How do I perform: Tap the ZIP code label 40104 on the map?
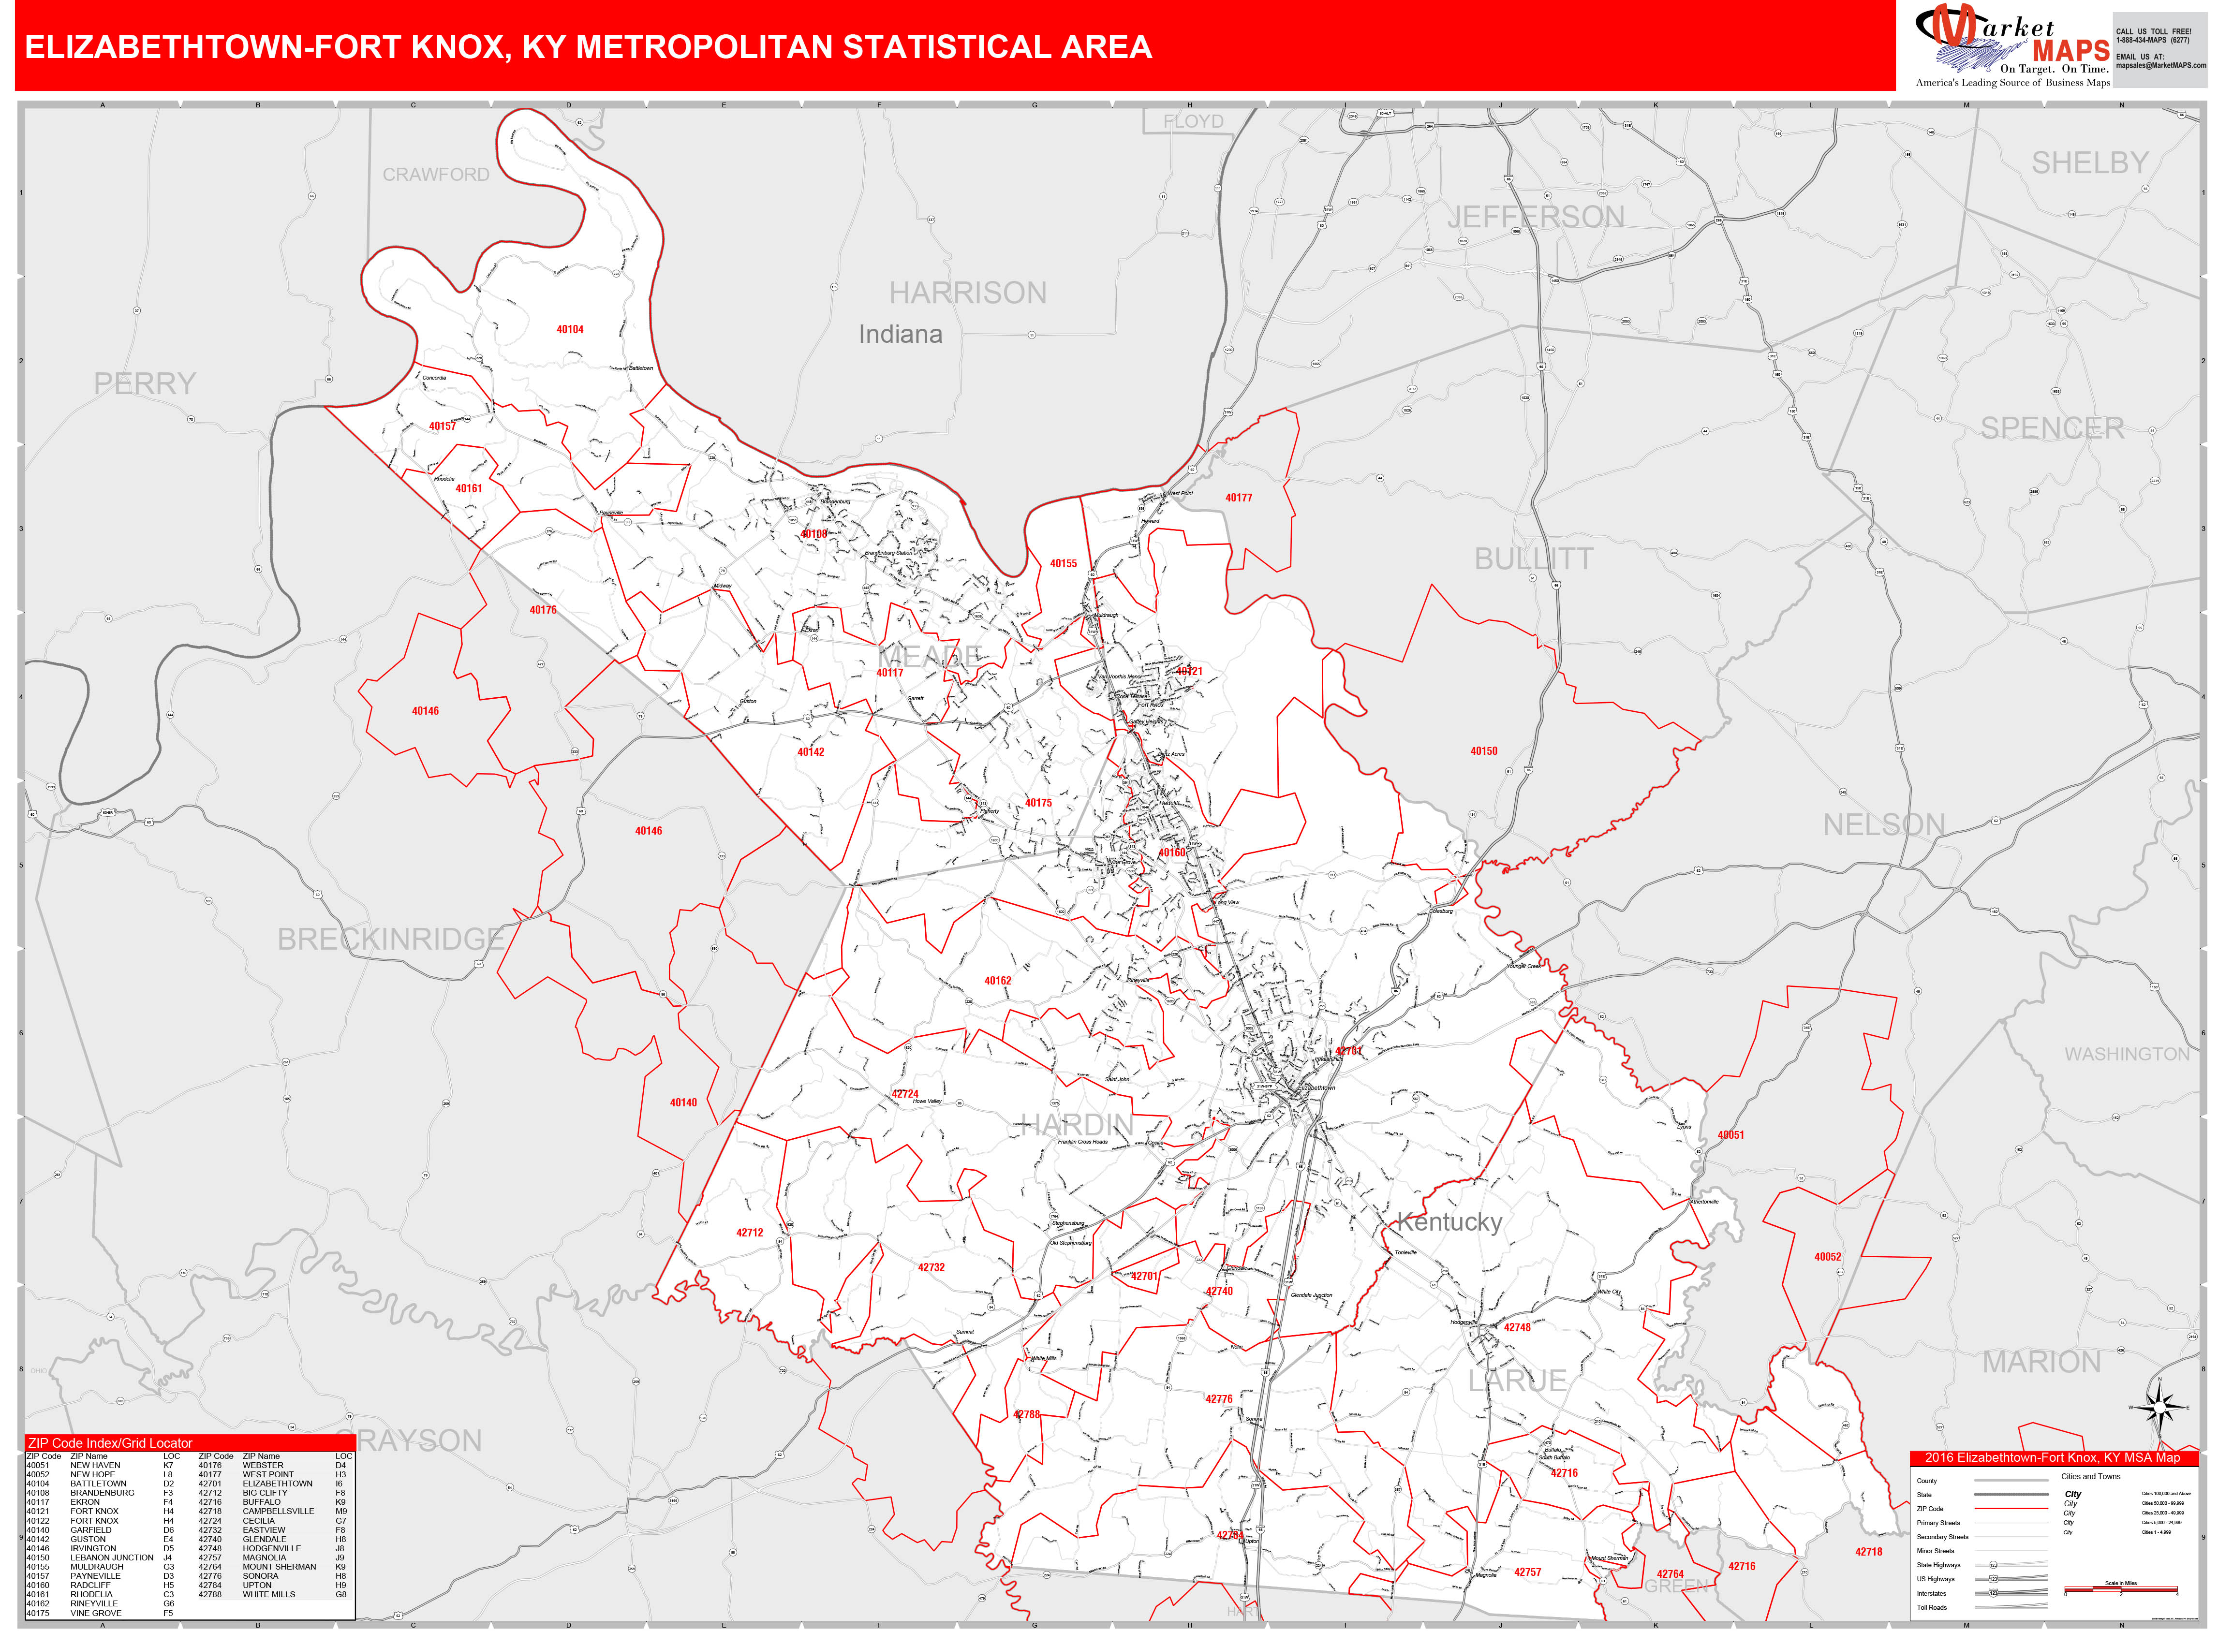coord(570,330)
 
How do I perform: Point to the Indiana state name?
coord(900,335)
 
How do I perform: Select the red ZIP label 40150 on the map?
coord(1483,751)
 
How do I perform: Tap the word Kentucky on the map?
coord(1449,1222)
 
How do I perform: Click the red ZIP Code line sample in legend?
coord(2010,1509)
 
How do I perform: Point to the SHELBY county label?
coord(2090,163)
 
